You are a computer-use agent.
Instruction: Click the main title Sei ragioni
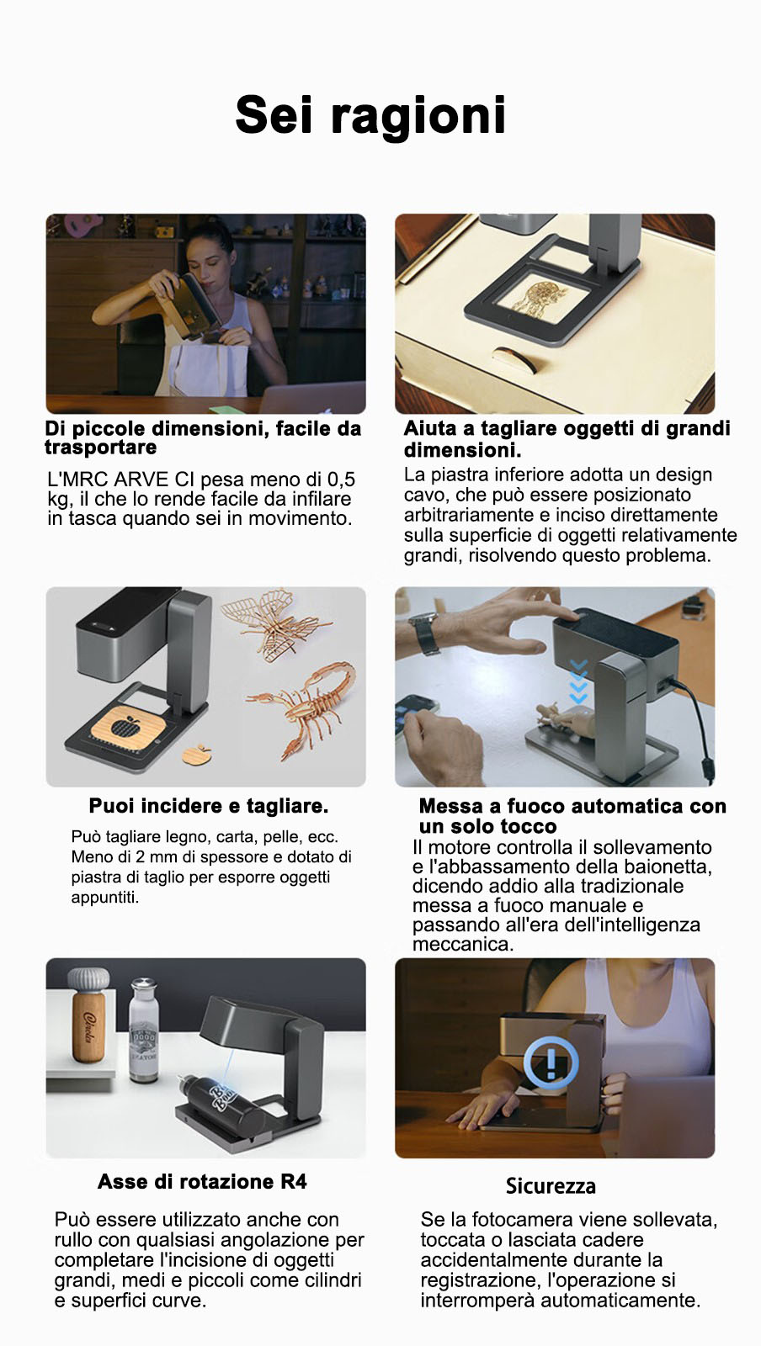click(x=370, y=116)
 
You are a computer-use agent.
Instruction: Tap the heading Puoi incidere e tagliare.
click(x=209, y=806)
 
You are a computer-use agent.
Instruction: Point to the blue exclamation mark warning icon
click(x=551, y=1063)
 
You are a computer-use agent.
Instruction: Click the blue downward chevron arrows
click(x=578, y=681)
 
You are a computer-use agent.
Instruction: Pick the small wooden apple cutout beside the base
click(x=198, y=754)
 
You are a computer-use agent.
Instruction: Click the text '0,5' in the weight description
click(x=341, y=480)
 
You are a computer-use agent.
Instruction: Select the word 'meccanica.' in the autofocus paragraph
click(x=463, y=944)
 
